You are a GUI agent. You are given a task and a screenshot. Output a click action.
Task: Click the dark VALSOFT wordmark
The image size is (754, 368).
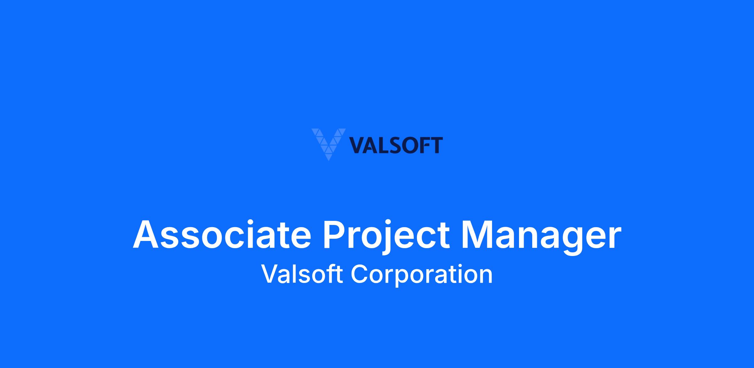click(x=396, y=146)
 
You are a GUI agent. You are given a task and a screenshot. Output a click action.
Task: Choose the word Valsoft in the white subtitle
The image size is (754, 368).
click(x=302, y=274)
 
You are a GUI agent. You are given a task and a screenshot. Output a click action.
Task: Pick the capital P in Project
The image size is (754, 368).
click(x=335, y=235)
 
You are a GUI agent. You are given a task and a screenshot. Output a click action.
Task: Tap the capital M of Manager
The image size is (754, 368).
click(x=478, y=235)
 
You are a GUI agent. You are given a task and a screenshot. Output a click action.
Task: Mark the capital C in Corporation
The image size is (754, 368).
click(x=359, y=274)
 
